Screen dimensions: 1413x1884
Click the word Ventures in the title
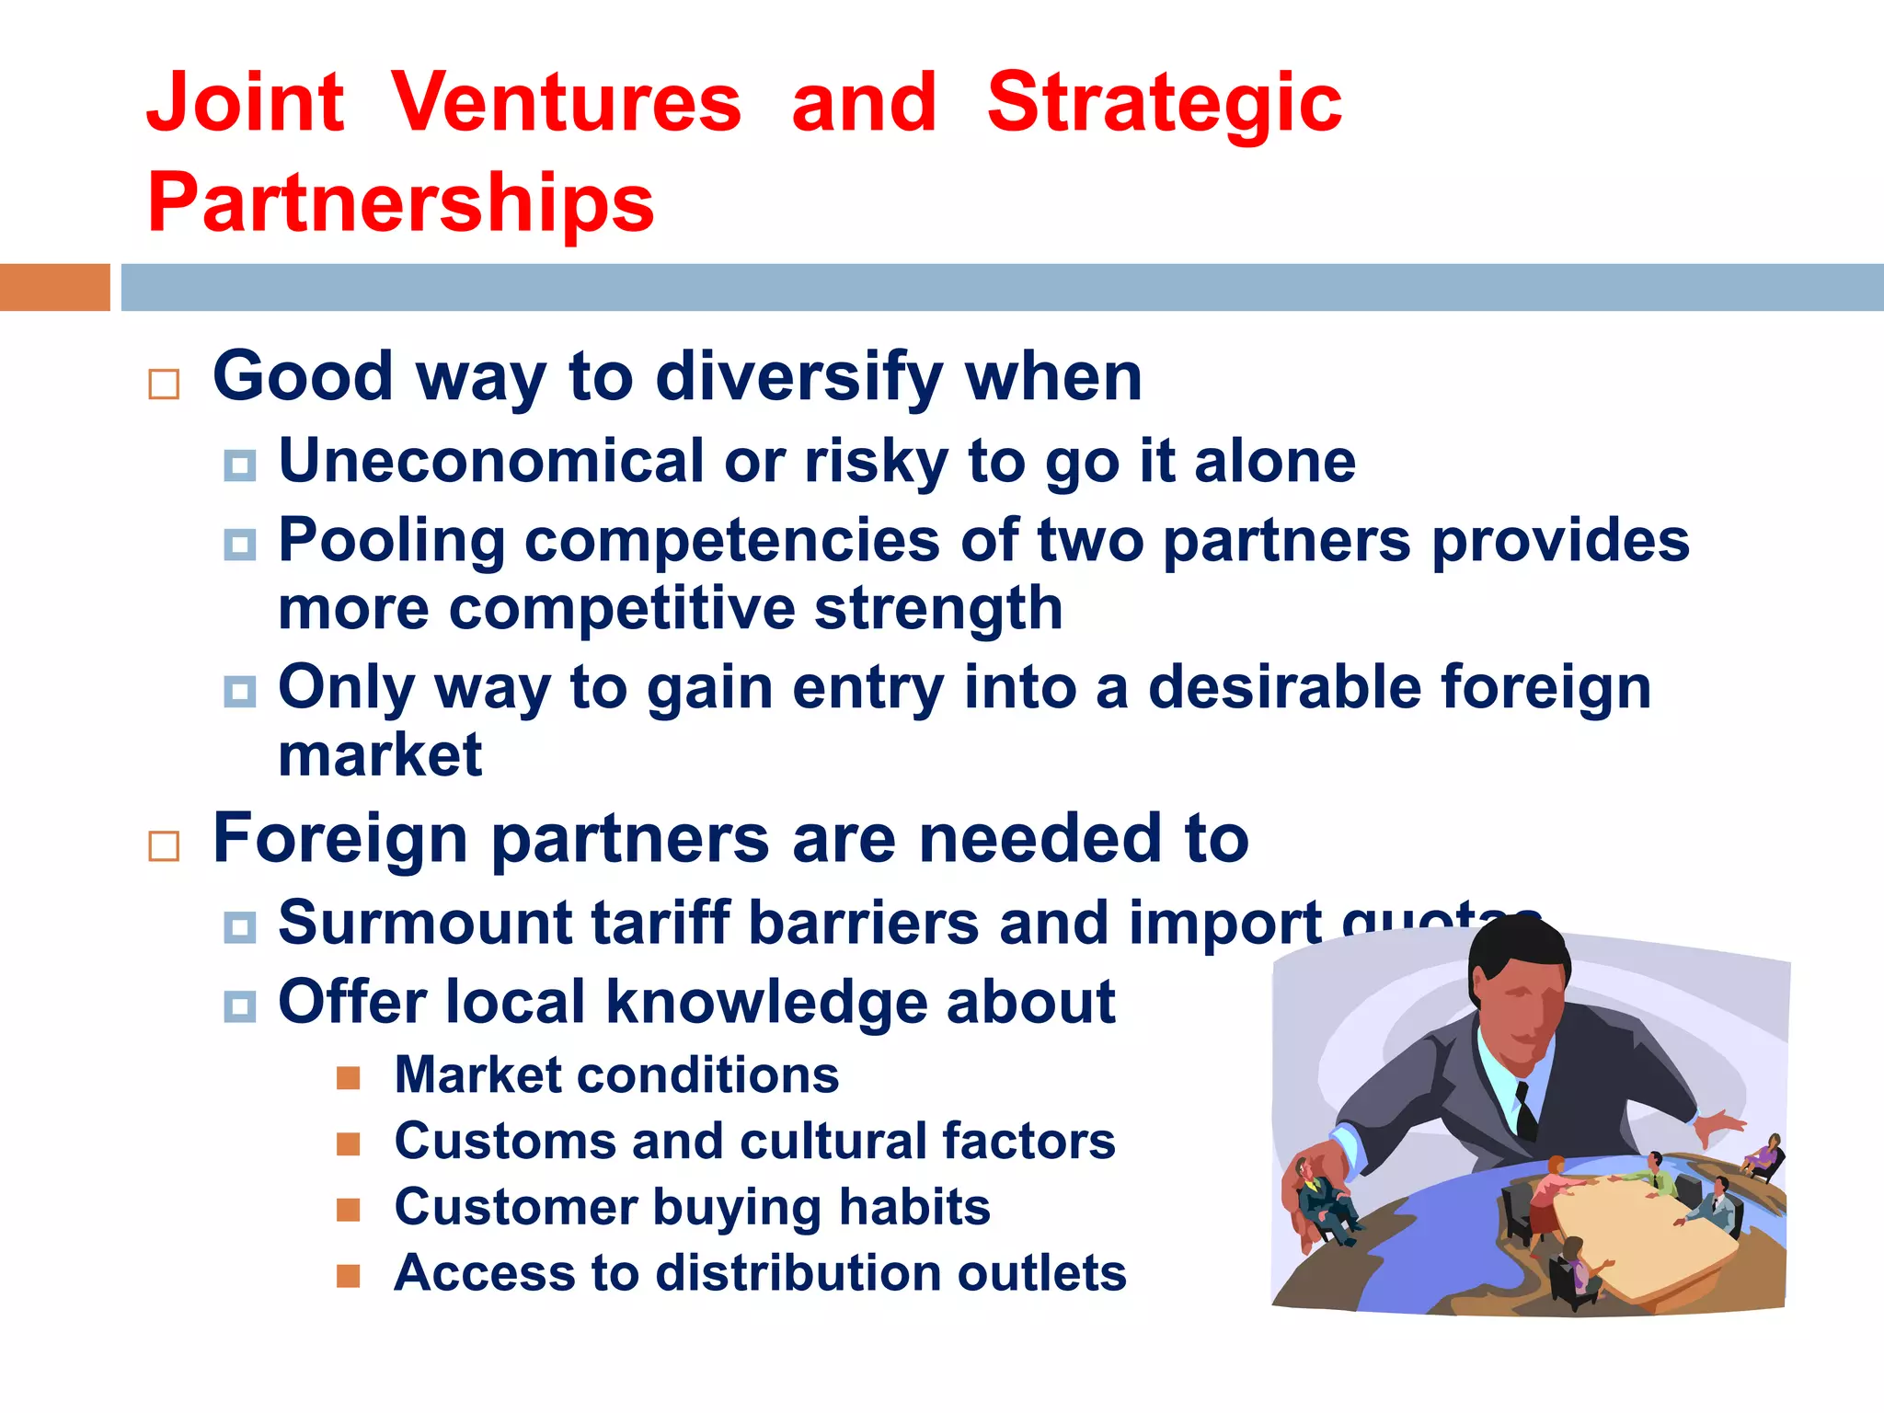pyautogui.click(x=566, y=103)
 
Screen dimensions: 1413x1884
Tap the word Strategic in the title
pyautogui.click(x=1164, y=103)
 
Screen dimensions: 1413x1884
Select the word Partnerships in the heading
pyautogui.click(x=400, y=202)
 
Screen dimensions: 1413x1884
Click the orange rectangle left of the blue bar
pyautogui.click(x=54, y=287)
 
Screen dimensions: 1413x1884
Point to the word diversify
pyautogui.click(x=798, y=377)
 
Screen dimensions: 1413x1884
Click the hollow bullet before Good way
pyautogui.click(x=164, y=384)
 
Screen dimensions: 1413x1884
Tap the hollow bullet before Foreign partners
pyautogui.click(x=164, y=845)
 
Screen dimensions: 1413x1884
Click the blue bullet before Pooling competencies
pyautogui.click(x=240, y=545)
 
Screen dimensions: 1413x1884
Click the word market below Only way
pyautogui.click(x=379, y=756)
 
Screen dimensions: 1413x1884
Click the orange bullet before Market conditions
pyautogui.click(x=348, y=1077)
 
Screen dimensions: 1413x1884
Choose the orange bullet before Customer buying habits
pyautogui.click(x=348, y=1210)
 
